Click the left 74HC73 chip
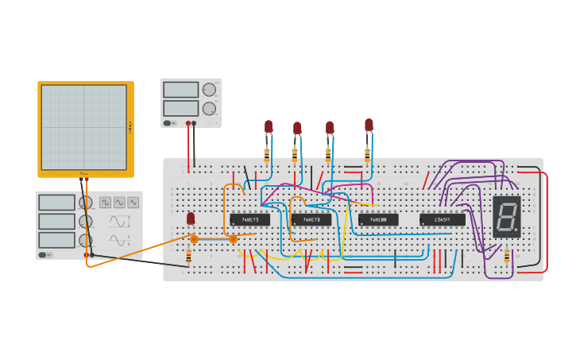[x=249, y=219]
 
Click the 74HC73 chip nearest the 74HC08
[x=311, y=219]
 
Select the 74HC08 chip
[x=377, y=219]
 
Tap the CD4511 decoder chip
[x=443, y=219]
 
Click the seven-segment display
[x=507, y=216]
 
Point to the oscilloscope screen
[x=84, y=127]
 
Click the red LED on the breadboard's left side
[x=191, y=218]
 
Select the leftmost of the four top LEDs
[x=269, y=126]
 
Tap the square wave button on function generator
[x=105, y=203]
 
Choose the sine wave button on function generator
[x=133, y=203]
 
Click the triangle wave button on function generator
[x=119, y=203]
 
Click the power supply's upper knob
[x=209, y=90]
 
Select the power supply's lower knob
[x=209, y=108]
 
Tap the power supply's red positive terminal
[x=188, y=123]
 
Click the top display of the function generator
[x=56, y=203]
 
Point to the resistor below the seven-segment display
[x=507, y=255]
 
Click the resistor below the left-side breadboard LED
[x=188, y=257]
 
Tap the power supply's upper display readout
[x=180, y=90]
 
